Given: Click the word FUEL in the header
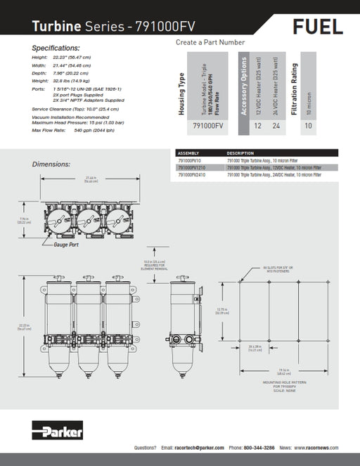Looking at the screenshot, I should tap(318, 27).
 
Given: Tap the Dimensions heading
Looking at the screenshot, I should tap(51, 164).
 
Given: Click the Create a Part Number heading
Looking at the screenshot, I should tap(210, 42).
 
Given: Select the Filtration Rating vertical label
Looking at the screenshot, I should tap(295, 84).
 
